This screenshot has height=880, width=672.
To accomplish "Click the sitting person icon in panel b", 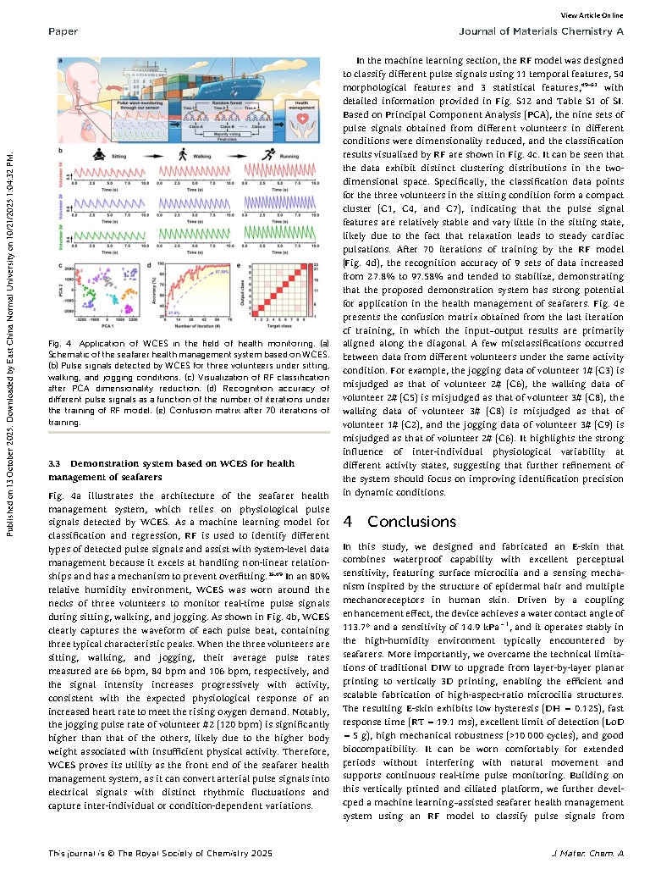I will (98, 156).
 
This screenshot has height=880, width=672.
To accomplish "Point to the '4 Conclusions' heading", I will (399, 522).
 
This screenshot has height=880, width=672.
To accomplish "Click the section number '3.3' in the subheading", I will (56, 463).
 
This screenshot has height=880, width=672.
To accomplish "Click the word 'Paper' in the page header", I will (63, 32).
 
